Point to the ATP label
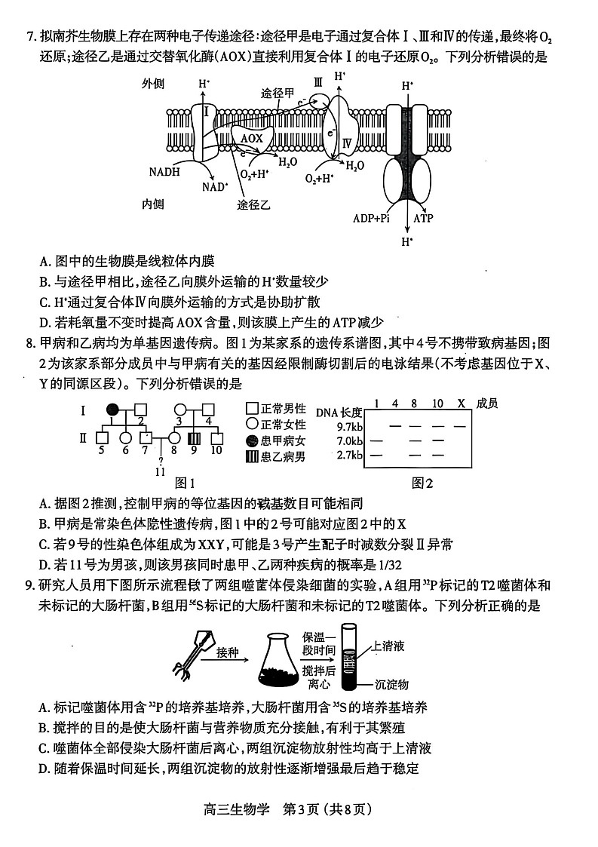click(423, 218)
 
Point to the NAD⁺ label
click(215, 186)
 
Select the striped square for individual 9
click(194, 437)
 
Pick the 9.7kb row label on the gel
click(349, 427)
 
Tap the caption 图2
click(423, 483)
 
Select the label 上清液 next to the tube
click(389, 646)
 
